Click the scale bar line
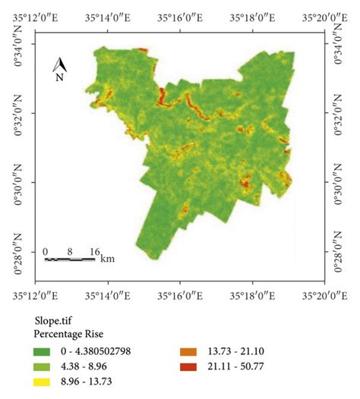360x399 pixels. [x=70, y=259]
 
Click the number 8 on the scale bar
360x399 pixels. [x=69, y=251]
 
